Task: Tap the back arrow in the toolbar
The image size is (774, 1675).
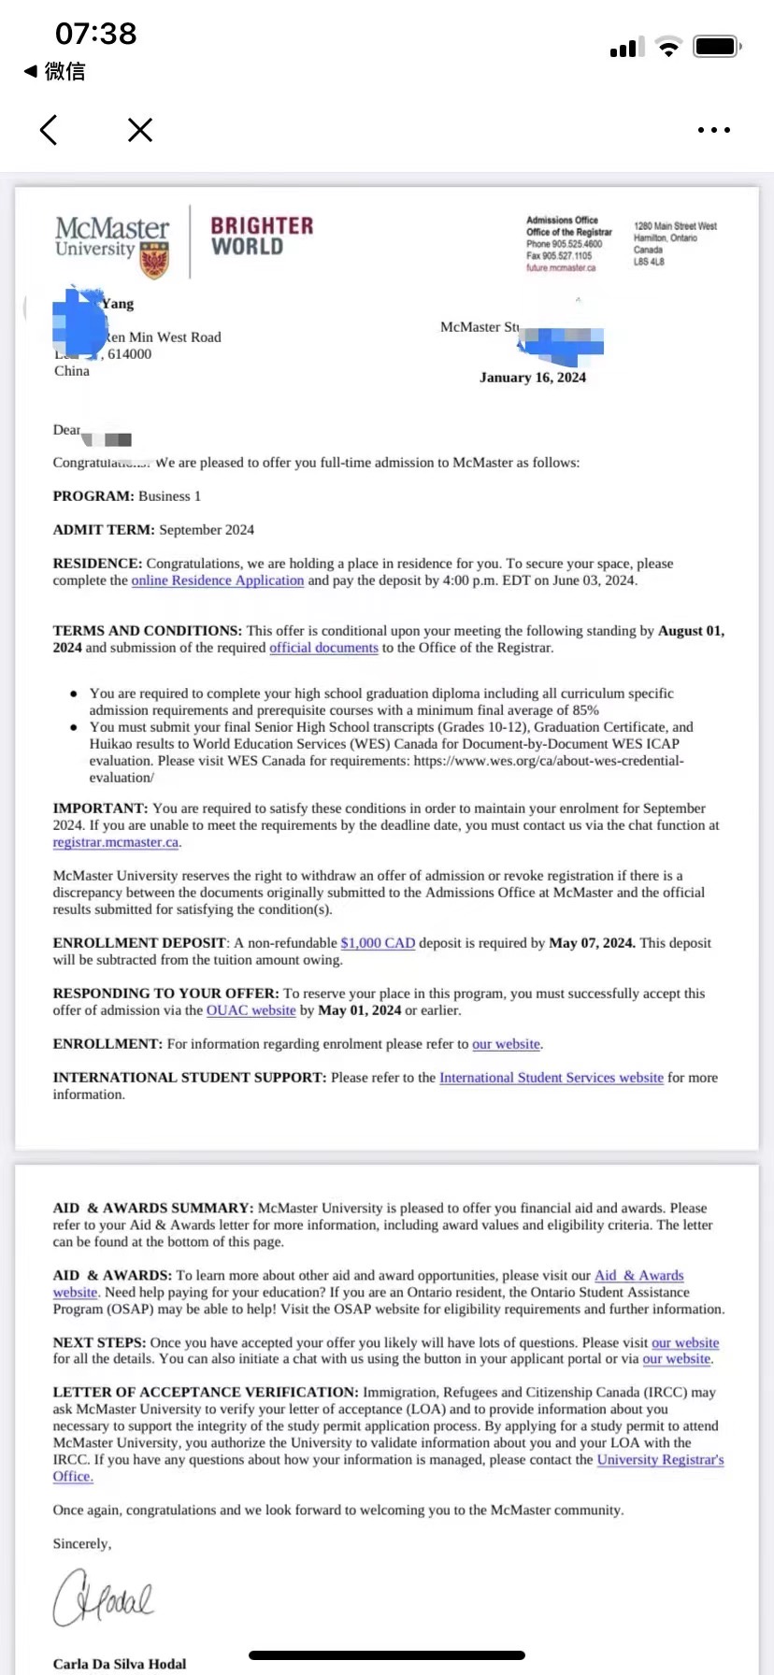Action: (50, 130)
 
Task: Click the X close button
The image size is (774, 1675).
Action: (140, 130)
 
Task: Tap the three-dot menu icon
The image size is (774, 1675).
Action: (714, 130)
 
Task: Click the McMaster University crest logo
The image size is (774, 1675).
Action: (154, 261)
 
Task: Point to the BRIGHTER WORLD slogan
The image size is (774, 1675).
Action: (261, 236)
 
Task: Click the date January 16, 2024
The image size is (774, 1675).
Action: (533, 378)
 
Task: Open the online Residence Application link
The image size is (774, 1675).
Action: (218, 580)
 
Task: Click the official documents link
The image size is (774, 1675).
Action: (323, 648)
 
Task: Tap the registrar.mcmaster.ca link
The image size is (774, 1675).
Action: (116, 842)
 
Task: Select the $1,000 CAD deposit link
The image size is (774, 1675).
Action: (378, 943)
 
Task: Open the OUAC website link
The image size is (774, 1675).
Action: (251, 1010)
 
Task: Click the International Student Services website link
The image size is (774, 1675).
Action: (552, 1078)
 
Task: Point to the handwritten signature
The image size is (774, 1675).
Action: (104, 1596)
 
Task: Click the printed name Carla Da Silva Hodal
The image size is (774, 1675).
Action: (120, 1664)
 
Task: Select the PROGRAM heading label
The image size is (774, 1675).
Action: (93, 496)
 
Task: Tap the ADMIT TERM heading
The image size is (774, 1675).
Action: (104, 530)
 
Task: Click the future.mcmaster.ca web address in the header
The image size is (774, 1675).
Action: (561, 268)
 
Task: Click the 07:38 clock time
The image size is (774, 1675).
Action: (96, 35)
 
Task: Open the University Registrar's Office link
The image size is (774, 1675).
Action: (660, 1460)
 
